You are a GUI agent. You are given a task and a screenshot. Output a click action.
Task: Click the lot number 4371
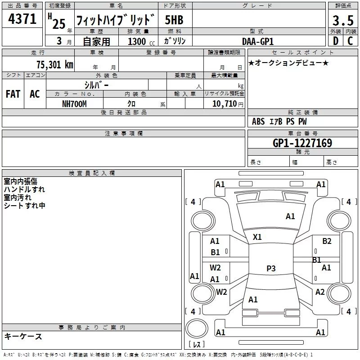click(22, 19)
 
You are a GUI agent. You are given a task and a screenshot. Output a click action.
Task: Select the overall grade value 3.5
click(342, 20)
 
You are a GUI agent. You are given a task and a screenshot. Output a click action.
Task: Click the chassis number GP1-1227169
click(302, 143)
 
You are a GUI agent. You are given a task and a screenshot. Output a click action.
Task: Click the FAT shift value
click(13, 94)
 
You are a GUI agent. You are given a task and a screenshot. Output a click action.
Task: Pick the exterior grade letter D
click(335, 41)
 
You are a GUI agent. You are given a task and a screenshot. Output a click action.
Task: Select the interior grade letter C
click(350, 41)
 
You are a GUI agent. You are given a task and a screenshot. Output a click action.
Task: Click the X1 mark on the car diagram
click(257, 237)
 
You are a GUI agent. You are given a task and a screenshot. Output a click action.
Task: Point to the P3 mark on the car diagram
click(271, 269)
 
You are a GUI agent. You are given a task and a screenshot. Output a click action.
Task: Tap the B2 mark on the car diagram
click(327, 241)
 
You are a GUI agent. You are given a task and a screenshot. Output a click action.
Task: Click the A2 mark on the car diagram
click(320, 292)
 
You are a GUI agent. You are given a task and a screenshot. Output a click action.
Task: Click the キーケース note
click(23, 336)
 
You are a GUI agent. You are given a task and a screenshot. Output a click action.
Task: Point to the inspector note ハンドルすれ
click(24, 189)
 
